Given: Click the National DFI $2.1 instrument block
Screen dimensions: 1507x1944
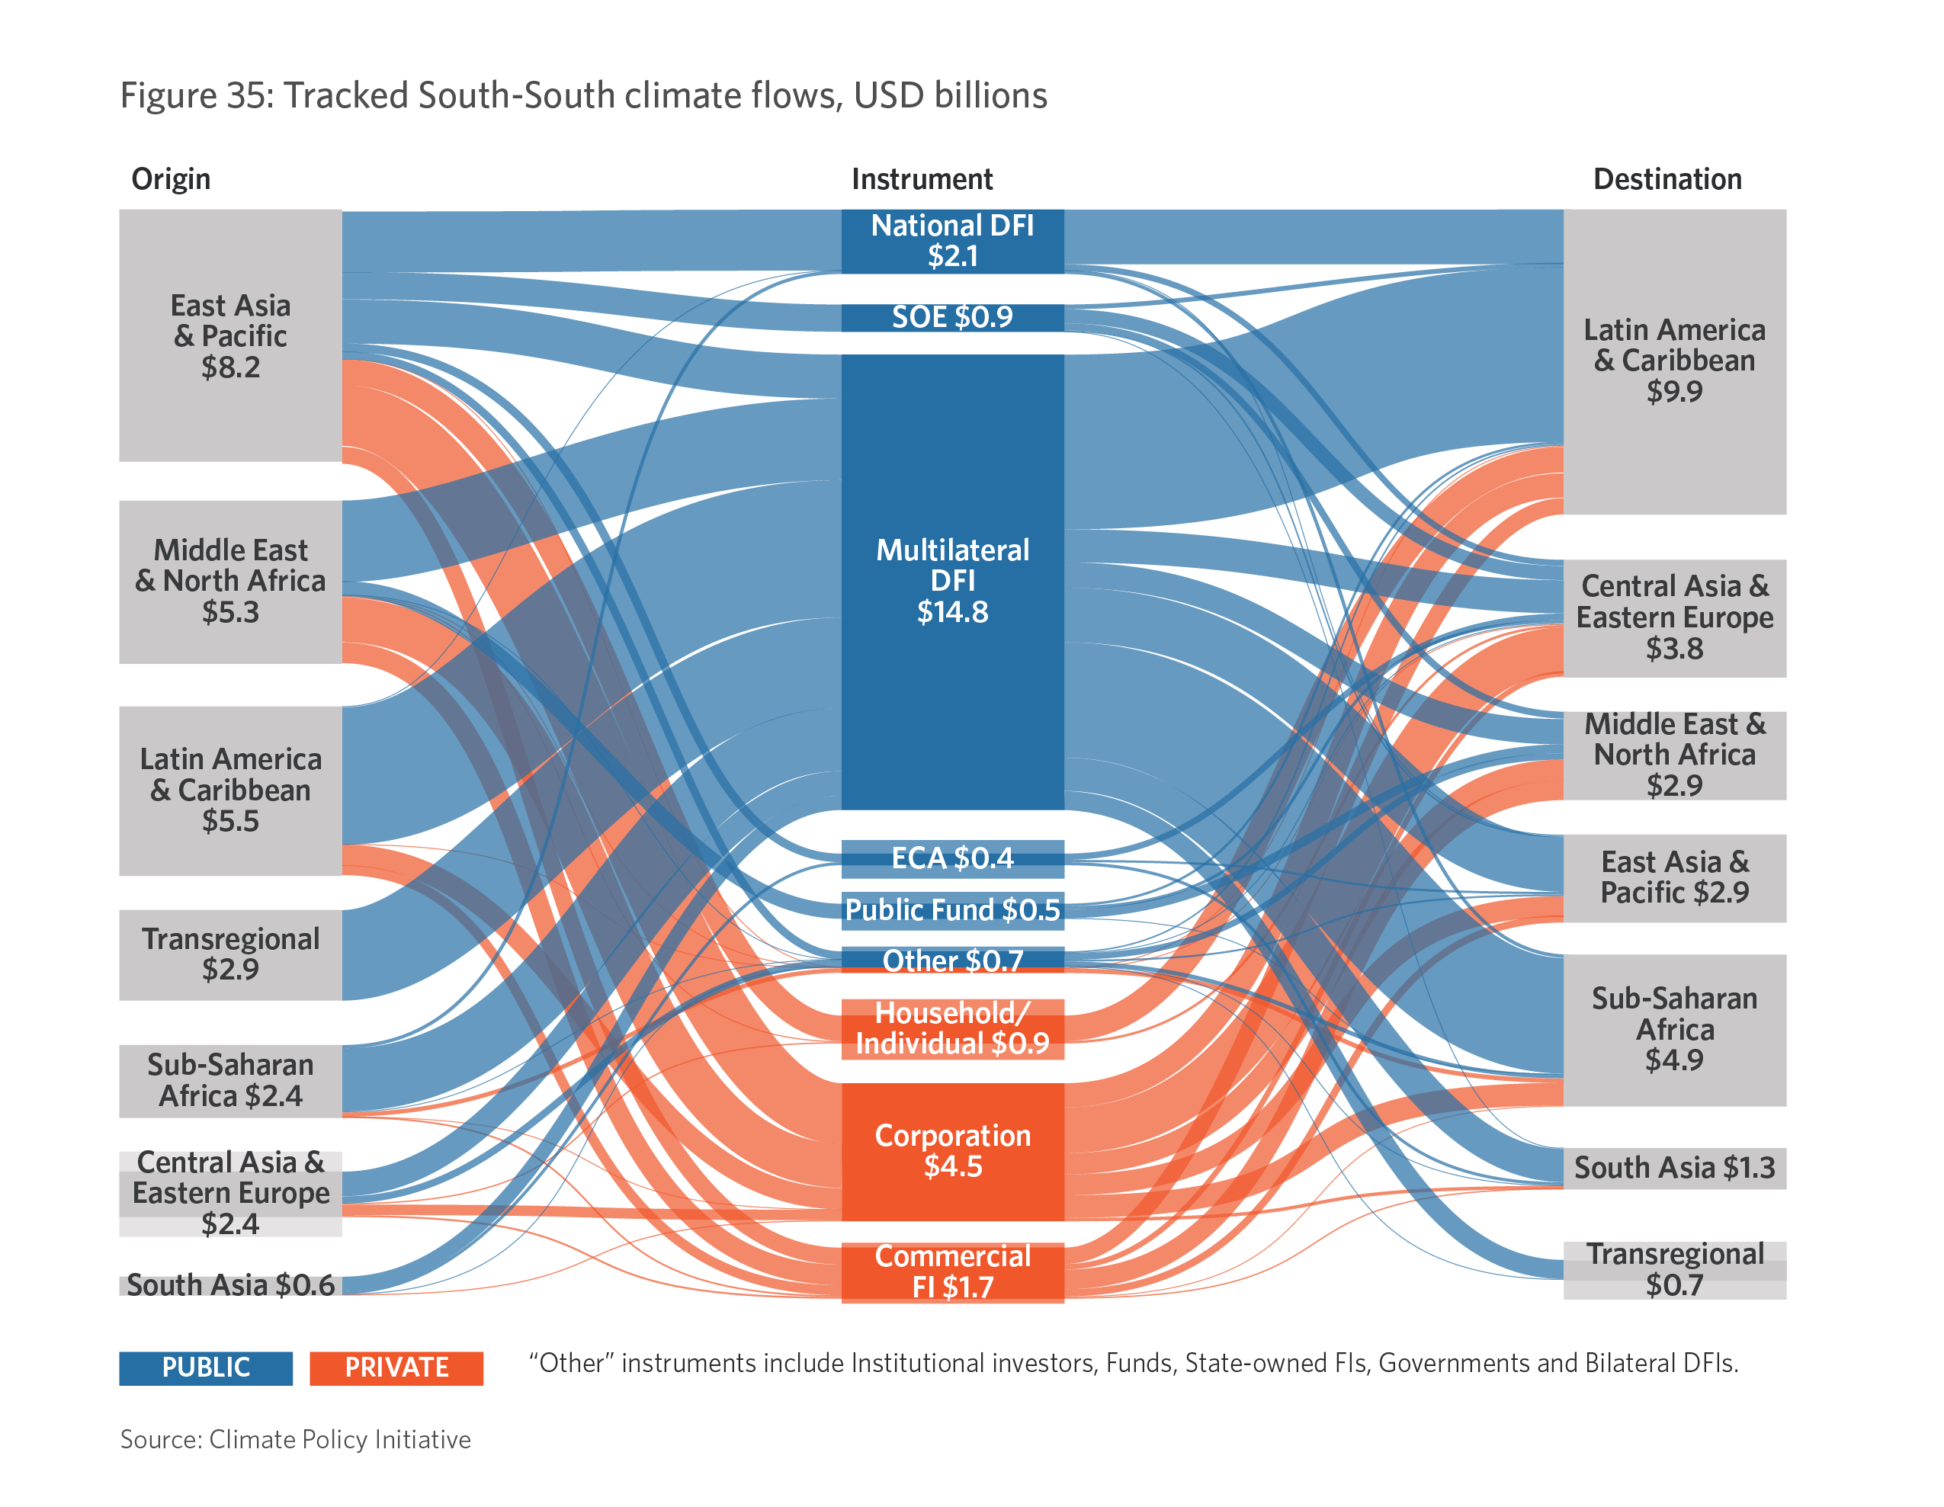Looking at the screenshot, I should pyautogui.click(x=952, y=241).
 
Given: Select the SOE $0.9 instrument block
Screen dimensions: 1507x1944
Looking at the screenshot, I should pyautogui.click(x=952, y=318).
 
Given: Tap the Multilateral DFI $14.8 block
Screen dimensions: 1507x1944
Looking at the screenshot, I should pyautogui.click(x=952, y=582).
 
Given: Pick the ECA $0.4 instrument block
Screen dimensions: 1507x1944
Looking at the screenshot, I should pyautogui.click(x=952, y=858).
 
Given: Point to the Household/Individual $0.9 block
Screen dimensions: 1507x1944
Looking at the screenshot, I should pyautogui.click(x=952, y=1029).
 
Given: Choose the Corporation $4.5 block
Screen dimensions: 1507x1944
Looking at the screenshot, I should pyautogui.click(x=952, y=1151).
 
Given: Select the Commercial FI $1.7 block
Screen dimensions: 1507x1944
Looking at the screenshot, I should pyautogui.click(x=952, y=1272).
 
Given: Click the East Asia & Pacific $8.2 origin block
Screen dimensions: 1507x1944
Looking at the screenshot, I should pyautogui.click(x=230, y=335).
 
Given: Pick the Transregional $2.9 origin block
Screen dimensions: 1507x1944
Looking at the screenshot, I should pyautogui.click(x=230, y=954).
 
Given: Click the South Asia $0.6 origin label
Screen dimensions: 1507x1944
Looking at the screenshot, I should pyautogui.click(x=230, y=1284).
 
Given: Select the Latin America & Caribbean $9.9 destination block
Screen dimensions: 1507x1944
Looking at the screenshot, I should pyautogui.click(x=1674, y=361).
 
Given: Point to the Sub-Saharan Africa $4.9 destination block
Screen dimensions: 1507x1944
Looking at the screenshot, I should pyautogui.click(x=1674, y=1030).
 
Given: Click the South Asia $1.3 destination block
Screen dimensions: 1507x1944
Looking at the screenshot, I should pyautogui.click(x=1674, y=1168).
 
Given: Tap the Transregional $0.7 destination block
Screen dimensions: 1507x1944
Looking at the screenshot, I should pyautogui.click(x=1674, y=1270).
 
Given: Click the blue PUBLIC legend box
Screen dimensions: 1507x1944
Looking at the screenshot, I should pyautogui.click(x=206, y=1368).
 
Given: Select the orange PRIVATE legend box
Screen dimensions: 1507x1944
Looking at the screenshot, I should pyautogui.click(x=396, y=1368).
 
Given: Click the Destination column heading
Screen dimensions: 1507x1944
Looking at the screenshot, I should pyautogui.click(x=1667, y=180).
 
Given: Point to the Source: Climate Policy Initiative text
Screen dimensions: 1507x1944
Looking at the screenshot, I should pyautogui.click(x=296, y=1439).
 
